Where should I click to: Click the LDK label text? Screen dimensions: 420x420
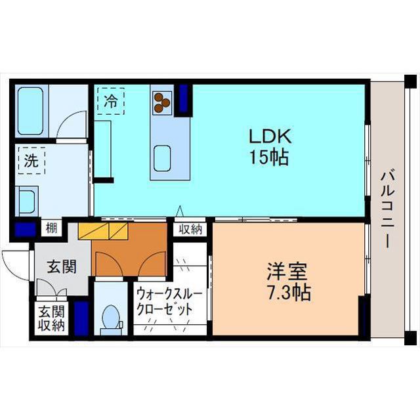[270, 136]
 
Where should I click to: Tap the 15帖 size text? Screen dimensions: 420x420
[269, 157]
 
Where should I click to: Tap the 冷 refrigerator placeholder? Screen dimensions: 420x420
[111, 101]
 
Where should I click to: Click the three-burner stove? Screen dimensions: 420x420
[162, 103]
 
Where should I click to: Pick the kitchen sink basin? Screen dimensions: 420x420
[162, 158]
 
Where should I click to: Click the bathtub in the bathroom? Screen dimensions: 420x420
[30, 111]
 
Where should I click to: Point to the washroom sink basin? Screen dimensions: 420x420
[27, 201]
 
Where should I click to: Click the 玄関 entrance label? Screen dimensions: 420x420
[62, 266]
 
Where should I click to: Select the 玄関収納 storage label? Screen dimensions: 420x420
[51, 318]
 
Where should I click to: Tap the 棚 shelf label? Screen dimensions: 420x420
[51, 228]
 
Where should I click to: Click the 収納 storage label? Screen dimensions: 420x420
[190, 229]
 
